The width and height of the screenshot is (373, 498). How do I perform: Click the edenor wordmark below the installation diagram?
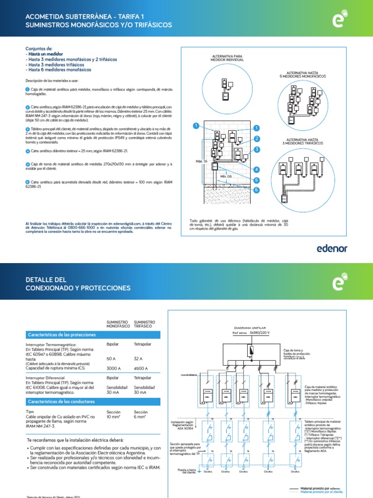coord(332,249)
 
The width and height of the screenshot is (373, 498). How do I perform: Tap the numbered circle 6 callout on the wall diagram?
coord(256,190)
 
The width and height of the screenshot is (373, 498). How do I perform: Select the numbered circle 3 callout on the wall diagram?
coord(256,150)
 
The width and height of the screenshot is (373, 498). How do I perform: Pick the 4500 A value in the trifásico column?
coord(141,368)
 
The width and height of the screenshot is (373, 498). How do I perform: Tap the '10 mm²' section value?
coord(114,417)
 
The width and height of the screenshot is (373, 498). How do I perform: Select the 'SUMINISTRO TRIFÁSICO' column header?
coord(144,324)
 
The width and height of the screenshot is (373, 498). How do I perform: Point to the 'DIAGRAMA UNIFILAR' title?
coord(250,328)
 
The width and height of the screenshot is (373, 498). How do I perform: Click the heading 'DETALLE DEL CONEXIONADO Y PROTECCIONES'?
coord(78,284)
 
